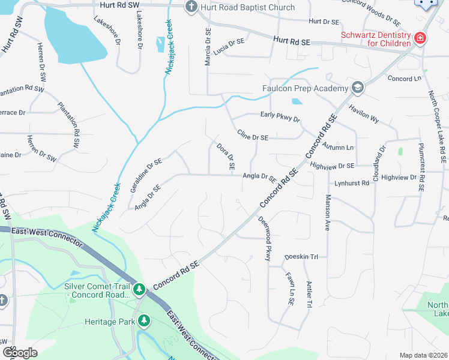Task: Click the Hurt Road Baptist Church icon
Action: (x=191, y=7)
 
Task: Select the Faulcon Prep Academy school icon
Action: (x=358, y=89)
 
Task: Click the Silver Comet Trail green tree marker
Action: (x=139, y=290)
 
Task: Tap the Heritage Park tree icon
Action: (x=143, y=322)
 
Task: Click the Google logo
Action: (x=20, y=352)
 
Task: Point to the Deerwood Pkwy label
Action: (x=265, y=239)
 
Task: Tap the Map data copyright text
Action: (x=424, y=355)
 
